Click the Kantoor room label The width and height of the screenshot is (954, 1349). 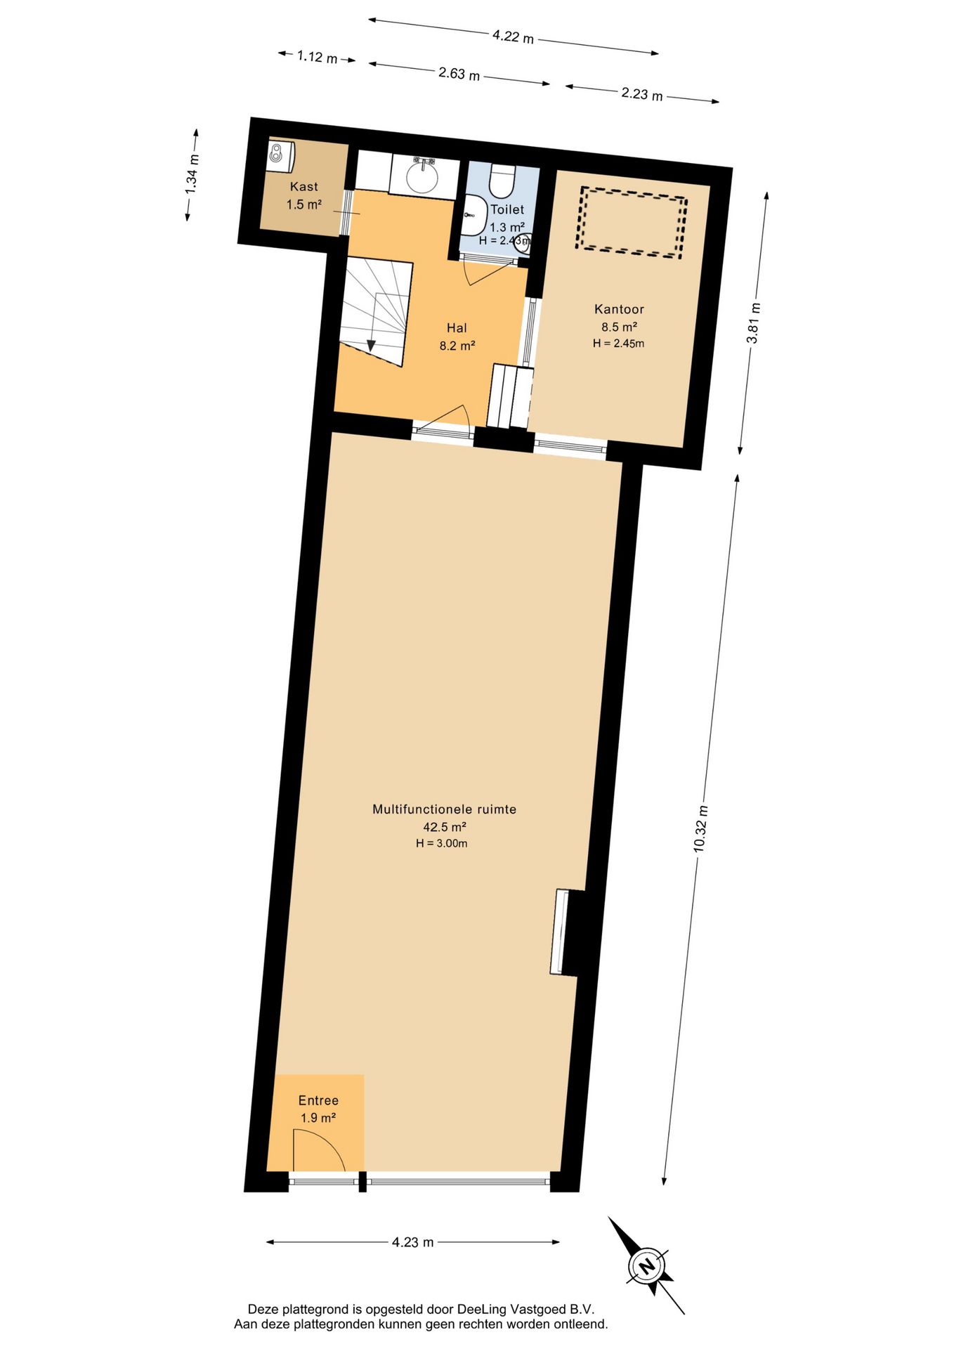[x=619, y=309]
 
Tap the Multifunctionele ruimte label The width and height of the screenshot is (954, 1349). [x=444, y=809]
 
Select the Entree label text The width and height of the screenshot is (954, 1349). [x=318, y=1100]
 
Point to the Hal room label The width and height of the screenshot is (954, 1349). [x=457, y=328]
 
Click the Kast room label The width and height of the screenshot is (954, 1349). [x=304, y=187]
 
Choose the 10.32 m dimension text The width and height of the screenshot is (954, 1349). [x=700, y=829]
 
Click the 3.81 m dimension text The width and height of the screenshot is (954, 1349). [x=753, y=323]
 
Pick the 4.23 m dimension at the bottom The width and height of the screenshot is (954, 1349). [x=413, y=1262]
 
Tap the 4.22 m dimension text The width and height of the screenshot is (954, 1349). [x=513, y=35]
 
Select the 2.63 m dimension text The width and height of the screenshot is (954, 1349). [x=459, y=73]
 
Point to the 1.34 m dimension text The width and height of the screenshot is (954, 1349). [x=192, y=175]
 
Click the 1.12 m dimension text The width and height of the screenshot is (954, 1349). [x=317, y=56]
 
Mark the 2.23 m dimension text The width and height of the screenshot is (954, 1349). [x=642, y=93]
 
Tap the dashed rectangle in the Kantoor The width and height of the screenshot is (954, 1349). [x=631, y=222]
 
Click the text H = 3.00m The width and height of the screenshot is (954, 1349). [x=441, y=843]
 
